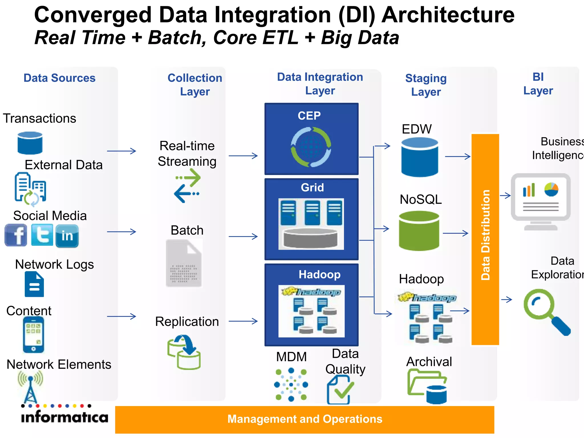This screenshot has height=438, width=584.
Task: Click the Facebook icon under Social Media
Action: coord(16,235)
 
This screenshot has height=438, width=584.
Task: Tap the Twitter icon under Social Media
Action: coord(42,235)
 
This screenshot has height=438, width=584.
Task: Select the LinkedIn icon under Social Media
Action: coord(67,236)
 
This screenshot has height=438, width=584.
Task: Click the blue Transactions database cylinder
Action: coord(30,143)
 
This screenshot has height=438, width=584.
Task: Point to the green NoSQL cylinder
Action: coord(419,231)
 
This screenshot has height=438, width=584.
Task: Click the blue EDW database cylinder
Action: coord(419,157)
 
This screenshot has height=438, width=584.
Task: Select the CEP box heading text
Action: coord(309,115)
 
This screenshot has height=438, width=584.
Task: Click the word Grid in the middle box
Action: coord(312,187)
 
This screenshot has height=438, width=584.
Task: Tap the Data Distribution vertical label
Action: coord(485,235)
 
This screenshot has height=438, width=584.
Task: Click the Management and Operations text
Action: coord(305,419)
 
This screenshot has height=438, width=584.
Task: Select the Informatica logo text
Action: coord(65,417)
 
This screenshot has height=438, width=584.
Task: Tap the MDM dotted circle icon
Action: coord(291,385)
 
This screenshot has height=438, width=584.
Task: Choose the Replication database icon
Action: coord(184,352)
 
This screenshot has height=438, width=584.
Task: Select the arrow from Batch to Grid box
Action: coord(243,236)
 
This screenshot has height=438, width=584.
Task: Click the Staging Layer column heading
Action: coord(426,85)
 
